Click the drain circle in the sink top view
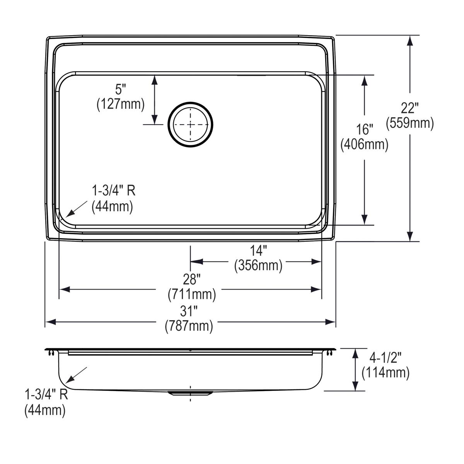coord(190,125)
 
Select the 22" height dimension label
coord(410,108)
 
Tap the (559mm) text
coord(410,123)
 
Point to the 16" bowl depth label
coord(364,129)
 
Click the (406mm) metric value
coord(364,144)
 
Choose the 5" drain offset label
coord(121,89)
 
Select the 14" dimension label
coord(258,251)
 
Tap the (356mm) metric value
coord(258,266)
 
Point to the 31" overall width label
coord(189,310)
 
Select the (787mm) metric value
coord(189,326)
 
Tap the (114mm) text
coord(385,373)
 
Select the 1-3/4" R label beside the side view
coord(46,395)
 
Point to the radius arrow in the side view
coord(76,375)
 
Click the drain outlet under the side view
coord(190,393)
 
